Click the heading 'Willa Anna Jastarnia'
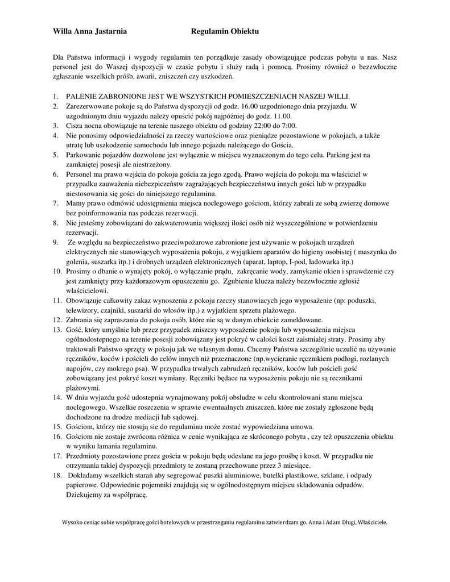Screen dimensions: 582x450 (x=89, y=32)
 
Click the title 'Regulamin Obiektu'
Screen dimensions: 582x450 (x=225, y=32)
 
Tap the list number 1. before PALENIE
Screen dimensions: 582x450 (x=55, y=96)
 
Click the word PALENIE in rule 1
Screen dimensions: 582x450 (x=82, y=96)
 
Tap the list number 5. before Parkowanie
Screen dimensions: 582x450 (x=55, y=155)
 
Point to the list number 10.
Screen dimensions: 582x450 (x=57, y=272)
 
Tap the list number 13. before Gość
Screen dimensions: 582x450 (x=57, y=330)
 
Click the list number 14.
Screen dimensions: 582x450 (x=57, y=398)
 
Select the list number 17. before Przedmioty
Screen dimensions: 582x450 (x=57, y=456)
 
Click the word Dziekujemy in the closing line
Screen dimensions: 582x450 (x=86, y=495)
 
